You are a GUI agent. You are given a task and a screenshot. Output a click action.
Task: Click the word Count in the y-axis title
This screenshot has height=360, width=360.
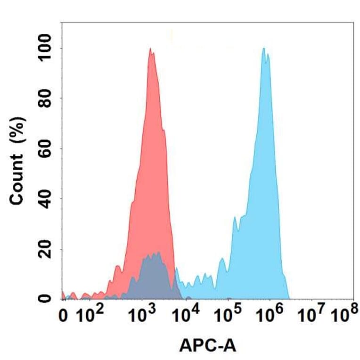tap(17, 180)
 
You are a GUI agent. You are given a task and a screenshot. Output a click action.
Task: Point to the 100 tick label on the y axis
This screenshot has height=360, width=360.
tap(45, 49)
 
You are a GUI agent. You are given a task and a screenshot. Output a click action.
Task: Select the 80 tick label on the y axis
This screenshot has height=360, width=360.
tap(45, 99)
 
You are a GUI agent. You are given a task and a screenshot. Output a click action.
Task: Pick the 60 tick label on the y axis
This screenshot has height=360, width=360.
tap(45, 149)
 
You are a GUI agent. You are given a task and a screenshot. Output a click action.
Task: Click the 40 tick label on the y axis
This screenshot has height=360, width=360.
tap(45, 199)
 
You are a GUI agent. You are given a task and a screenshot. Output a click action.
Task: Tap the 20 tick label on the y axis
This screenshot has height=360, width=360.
tap(45, 249)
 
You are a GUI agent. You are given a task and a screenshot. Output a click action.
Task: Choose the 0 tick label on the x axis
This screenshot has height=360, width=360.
tap(65, 316)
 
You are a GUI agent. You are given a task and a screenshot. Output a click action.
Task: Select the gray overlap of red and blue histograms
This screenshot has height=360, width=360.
tap(153, 276)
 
